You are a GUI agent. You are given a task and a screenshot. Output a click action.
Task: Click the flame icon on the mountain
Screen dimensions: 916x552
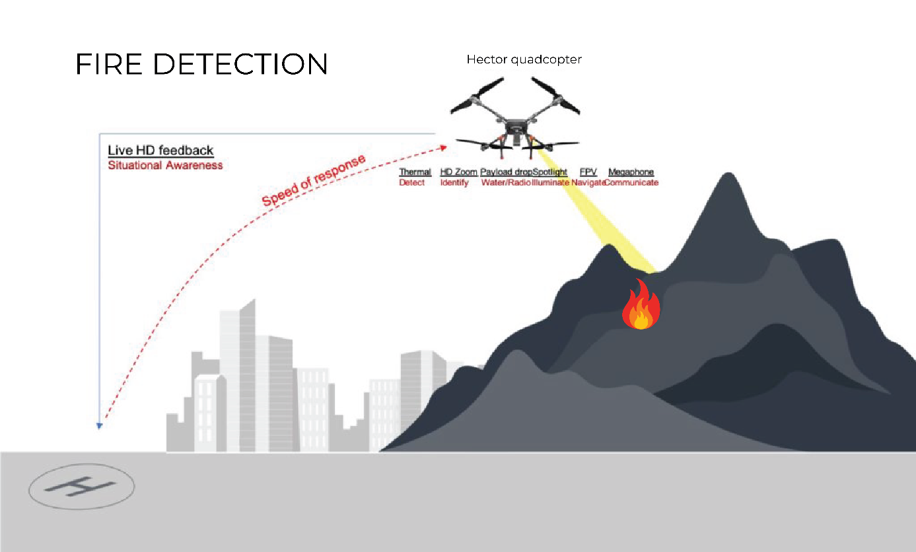click(641, 304)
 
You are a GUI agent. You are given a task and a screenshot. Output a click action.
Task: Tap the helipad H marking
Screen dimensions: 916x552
click(81, 487)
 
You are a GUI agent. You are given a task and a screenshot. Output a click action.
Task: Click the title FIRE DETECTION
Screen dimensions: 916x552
click(201, 64)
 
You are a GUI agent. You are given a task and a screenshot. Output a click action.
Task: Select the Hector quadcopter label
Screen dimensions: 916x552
click(524, 59)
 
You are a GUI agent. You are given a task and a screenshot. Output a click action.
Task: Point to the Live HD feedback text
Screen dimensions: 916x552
click(160, 150)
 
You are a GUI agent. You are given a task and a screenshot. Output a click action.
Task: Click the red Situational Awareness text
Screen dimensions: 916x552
click(165, 165)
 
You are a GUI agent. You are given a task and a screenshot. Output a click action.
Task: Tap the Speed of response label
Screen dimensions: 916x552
click(313, 180)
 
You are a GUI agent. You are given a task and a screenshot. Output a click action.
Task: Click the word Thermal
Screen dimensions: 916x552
click(415, 172)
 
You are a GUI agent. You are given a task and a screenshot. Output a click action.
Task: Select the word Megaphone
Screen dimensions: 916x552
click(631, 172)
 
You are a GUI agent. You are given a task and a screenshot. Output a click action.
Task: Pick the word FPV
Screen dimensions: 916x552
click(588, 172)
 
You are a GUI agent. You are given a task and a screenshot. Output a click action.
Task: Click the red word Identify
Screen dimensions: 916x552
click(454, 182)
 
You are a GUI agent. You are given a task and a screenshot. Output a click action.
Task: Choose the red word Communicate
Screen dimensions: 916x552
click(631, 182)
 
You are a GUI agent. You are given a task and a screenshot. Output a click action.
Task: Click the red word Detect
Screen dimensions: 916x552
click(412, 182)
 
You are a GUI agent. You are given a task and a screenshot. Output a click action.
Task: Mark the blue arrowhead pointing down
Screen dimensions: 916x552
click(99, 426)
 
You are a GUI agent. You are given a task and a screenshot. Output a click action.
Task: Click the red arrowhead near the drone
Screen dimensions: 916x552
click(443, 148)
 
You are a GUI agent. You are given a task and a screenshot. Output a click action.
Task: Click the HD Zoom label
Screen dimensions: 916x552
click(458, 172)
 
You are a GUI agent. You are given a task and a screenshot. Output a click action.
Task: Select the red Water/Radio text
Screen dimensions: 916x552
click(506, 182)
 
